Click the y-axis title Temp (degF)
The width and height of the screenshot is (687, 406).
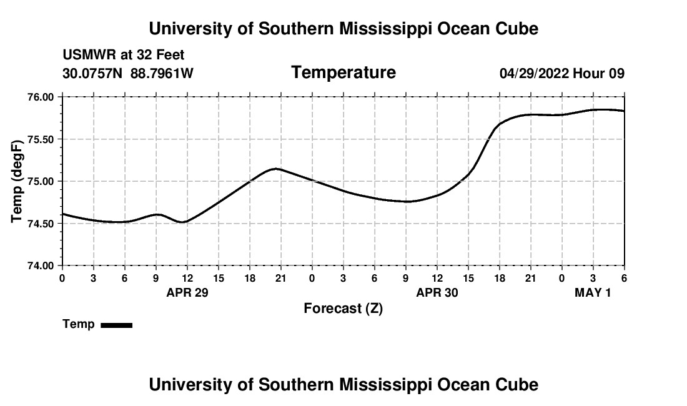pos(17,181)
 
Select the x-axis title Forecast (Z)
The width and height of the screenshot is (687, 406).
pos(343,308)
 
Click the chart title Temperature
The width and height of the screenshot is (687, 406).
pos(343,73)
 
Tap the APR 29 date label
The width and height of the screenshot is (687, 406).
pos(187,292)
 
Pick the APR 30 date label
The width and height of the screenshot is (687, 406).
pos(437,292)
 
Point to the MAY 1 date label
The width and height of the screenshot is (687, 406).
pos(593,292)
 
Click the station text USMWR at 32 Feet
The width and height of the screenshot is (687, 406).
pos(124,56)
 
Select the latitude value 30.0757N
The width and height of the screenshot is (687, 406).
pos(94,74)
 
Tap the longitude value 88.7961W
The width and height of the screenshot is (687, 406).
pos(162,74)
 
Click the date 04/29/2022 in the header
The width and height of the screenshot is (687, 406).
pos(534,74)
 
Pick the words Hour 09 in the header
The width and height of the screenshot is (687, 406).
pos(599,74)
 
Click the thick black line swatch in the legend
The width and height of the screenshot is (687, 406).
pos(117,325)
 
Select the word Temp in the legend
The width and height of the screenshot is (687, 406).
pos(79,324)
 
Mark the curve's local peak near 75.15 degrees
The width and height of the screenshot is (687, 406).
pos(277,169)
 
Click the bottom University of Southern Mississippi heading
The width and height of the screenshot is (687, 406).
pos(343,385)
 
